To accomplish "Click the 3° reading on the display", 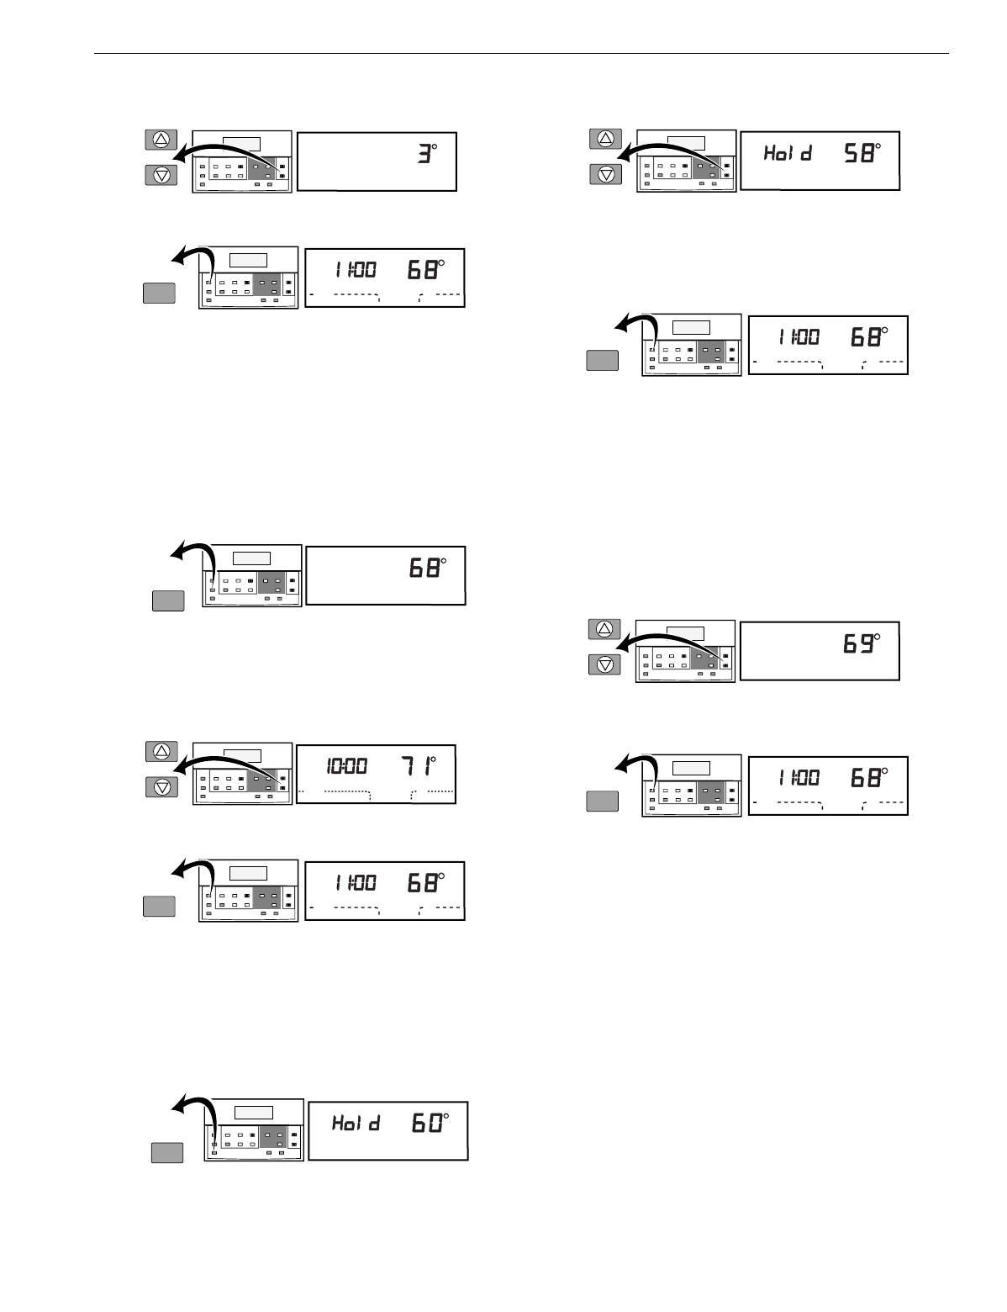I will tap(429, 156).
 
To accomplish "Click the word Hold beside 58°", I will tap(787, 154).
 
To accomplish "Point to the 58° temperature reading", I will tap(864, 154).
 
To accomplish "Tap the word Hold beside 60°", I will tap(356, 1123).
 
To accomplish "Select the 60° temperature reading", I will tap(432, 1123).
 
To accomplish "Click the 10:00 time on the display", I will tap(346, 767).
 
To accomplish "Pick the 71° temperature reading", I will tap(419, 767).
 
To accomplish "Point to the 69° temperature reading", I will tap(863, 645).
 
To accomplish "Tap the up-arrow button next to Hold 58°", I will tap(607, 138).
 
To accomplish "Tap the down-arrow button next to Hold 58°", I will tap(607, 174).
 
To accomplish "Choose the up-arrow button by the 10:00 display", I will tap(162, 750).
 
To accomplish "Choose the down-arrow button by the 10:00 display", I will tap(162, 786).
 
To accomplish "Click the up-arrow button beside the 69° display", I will tap(604, 628).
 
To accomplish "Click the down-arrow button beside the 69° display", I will tap(604, 664).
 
